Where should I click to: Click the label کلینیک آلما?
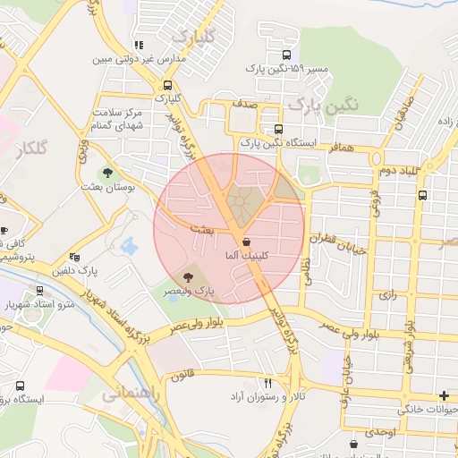(x=242, y=256)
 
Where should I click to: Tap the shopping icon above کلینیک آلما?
(x=245, y=242)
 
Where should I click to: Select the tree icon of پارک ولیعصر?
(x=189, y=277)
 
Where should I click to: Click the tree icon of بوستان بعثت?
(x=107, y=173)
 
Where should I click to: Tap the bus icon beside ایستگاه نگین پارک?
(x=278, y=128)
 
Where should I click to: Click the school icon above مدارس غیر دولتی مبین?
(x=138, y=45)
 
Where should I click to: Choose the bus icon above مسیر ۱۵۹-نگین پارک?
(x=285, y=53)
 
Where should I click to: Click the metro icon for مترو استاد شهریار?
(x=40, y=290)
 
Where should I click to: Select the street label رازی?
(x=386, y=293)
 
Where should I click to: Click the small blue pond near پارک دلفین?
(x=129, y=244)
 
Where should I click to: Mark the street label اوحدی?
(x=380, y=432)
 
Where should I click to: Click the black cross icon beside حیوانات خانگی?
(x=444, y=395)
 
